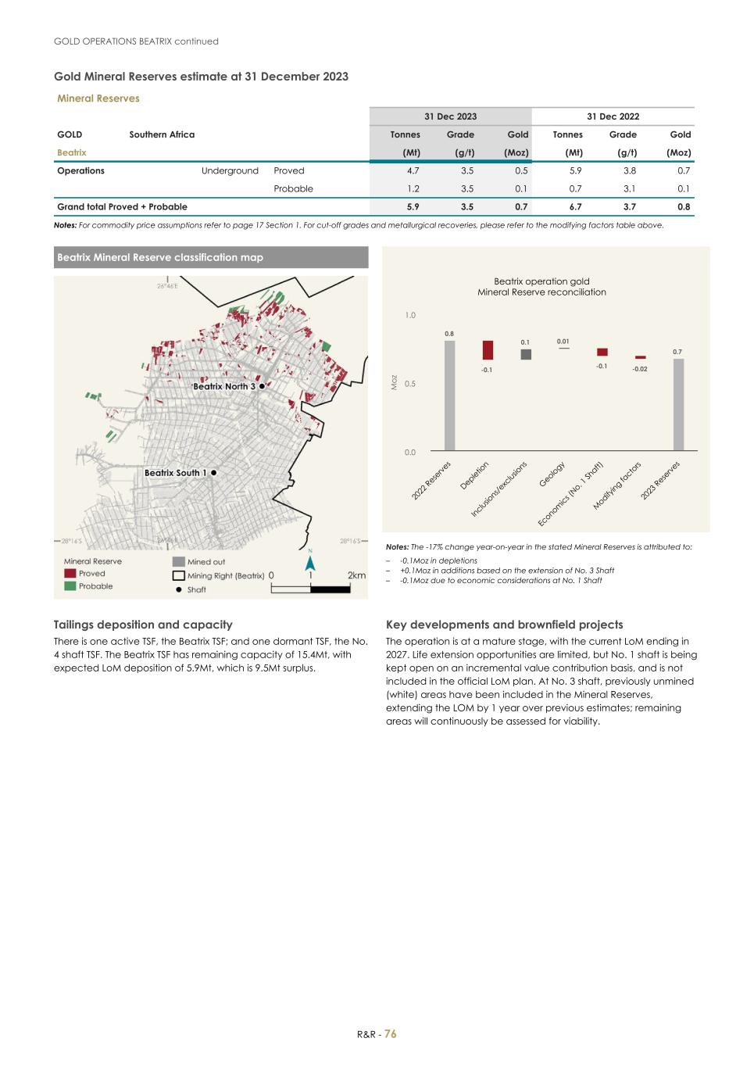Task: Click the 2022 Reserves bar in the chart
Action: [449, 396]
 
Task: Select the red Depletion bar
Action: [488, 350]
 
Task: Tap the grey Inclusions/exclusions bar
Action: [526, 354]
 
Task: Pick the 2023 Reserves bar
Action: [678, 404]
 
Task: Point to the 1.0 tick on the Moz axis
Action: [410, 316]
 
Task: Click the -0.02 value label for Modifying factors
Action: [639, 369]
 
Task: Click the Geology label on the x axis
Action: [552, 474]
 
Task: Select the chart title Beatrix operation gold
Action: [541, 281]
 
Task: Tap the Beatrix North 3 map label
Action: [224, 386]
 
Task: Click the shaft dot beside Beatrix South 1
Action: [213, 473]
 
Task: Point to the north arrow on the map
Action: [310, 562]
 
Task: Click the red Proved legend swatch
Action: [70, 574]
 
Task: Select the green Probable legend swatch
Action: [70, 586]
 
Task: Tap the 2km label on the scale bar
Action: [356, 575]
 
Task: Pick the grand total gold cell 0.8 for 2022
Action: [684, 207]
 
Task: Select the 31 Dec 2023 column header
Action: [450, 116]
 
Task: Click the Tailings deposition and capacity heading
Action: [143, 625]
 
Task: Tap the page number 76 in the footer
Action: [391, 1033]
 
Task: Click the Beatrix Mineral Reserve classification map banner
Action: [211, 257]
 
